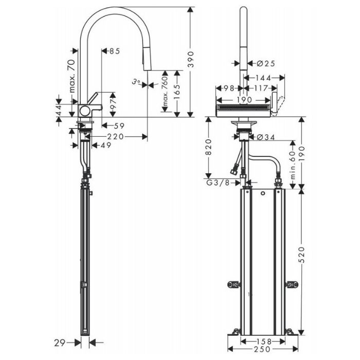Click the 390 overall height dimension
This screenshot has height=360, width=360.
tap(191, 60)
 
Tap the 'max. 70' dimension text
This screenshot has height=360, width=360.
tap(72, 76)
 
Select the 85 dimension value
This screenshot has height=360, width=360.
tap(115, 51)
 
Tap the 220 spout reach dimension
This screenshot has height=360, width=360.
tap(116, 137)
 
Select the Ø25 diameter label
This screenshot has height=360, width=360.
tap(266, 63)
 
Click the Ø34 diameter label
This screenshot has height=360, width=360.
tap(266, 137)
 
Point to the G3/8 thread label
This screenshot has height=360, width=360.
tap(218, 183)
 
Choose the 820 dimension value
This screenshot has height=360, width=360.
tap(209, 147)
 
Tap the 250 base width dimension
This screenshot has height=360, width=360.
tap(262, 349)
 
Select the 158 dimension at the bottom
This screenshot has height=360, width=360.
tap(264, 341)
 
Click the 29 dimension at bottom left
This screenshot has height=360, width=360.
tap(60, 343)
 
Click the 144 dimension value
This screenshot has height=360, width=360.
tap(263, 78)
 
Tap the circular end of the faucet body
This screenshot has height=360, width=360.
tap(85, 111)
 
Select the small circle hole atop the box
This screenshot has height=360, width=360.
tap(263, 193)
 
